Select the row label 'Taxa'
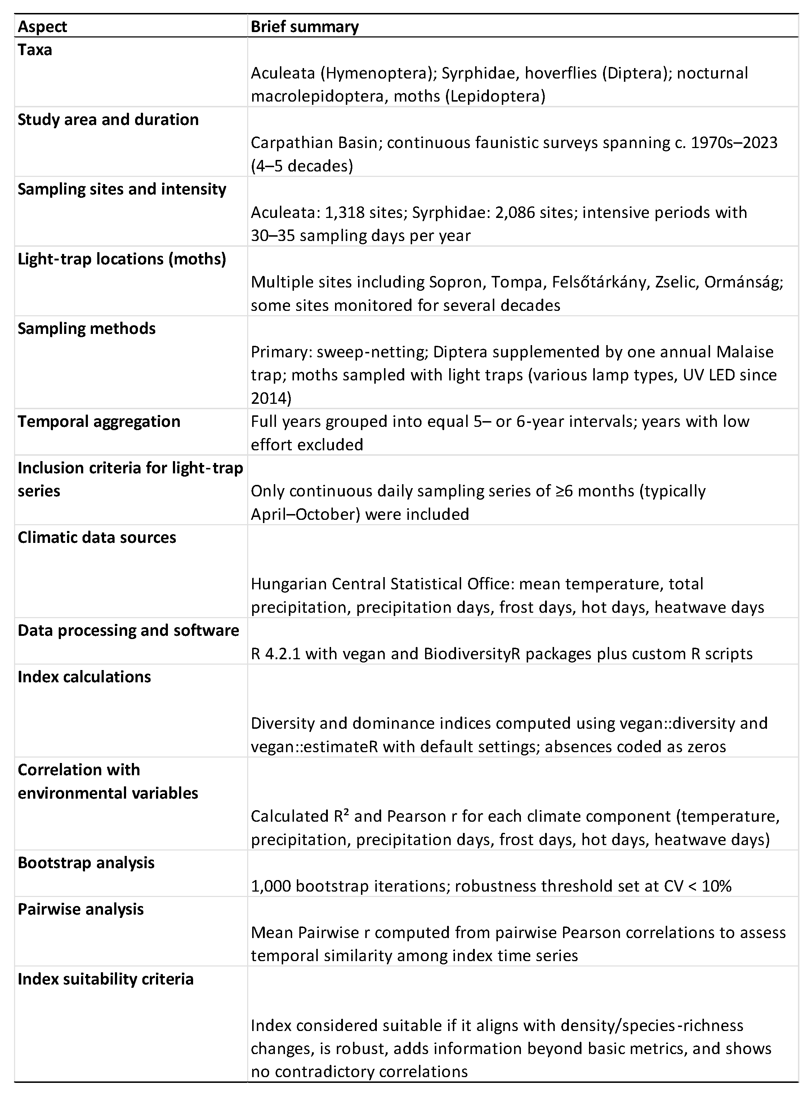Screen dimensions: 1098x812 tap(35, 50)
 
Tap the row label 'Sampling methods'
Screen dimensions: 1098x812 tap(86, 328)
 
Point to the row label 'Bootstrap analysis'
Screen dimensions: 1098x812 tap(86, 862)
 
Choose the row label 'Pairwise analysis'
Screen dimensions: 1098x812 tap(81, 909)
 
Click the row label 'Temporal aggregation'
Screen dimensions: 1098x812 tap(99, 421)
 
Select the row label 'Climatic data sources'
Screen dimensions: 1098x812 tap(97, 537)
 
